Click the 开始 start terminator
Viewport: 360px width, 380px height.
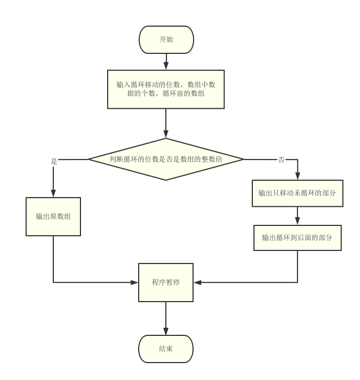166,40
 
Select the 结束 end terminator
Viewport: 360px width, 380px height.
166,349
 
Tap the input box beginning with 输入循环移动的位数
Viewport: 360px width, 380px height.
166,89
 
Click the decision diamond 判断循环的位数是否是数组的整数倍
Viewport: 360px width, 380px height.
166,159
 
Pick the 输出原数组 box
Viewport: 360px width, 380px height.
53,216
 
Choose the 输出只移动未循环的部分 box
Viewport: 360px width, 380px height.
297,193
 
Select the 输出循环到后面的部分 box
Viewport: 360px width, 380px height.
297,238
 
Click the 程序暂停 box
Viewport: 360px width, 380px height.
166,283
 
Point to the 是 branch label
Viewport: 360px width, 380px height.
54,162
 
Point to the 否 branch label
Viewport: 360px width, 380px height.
281,160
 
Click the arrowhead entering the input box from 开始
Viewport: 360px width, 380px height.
166,66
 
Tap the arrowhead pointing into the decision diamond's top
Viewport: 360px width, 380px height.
166,134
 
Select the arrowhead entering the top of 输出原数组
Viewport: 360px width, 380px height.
53,193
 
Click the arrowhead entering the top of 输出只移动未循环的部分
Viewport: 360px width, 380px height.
297,176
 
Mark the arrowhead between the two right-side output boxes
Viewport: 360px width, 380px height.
297,221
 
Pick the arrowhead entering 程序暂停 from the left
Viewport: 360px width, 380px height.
135,283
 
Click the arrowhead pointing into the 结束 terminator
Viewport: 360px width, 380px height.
166,332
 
